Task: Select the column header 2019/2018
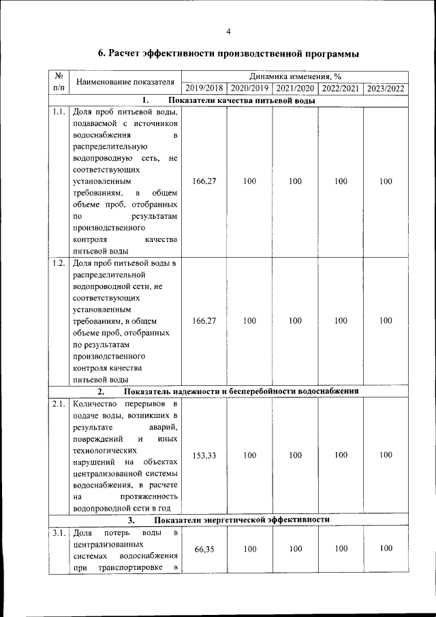(x=204, y=89)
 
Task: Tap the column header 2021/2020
(x=295, y=89)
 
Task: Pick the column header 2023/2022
(x=386, y=89)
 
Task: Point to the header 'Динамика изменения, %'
(x=295, y=76)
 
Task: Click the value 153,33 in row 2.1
(x=204, y=455)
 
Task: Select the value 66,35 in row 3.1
(x=204, y=550)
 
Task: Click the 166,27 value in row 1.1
(x=204, y=181)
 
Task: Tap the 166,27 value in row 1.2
(x=204, y=320)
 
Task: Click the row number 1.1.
(x=58, y=112)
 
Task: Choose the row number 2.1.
(x=58, y=404)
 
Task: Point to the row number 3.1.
(x=58, y=532)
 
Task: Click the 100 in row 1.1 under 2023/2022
(x=386, y=181)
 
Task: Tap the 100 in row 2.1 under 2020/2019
(x=249, y=455)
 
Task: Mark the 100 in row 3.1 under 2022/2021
(x=341, y=549)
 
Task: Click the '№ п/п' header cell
(x=58, y=82)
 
